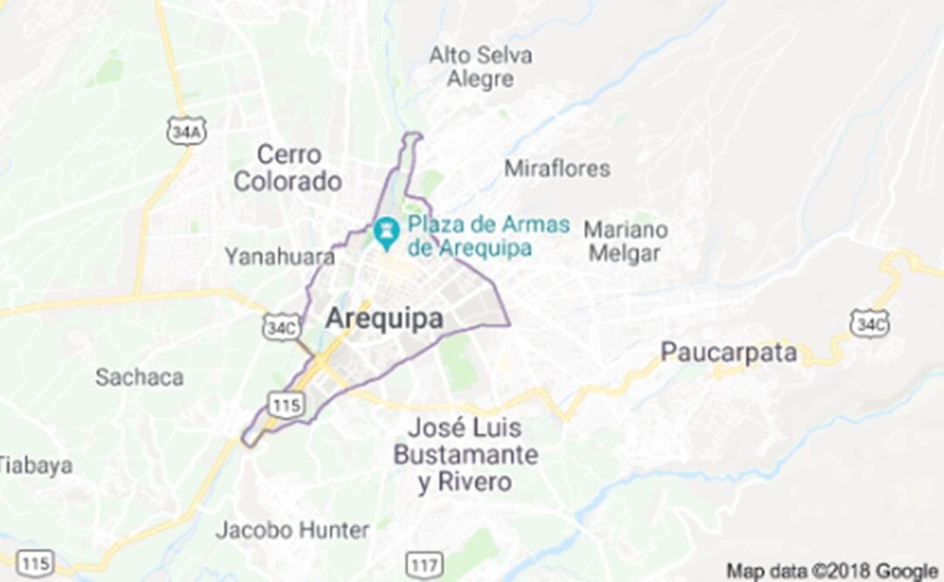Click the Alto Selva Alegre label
coord(479,67)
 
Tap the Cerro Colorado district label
coord(287,169)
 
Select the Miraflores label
coord(557,168)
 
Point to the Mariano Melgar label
coord(625,241)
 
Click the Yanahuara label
coord(279,257)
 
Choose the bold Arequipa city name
coord(383,319)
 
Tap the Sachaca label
coord(140,378)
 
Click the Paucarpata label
coord(728,353)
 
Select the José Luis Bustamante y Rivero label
coord(465,455)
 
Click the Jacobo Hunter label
coord(292,530)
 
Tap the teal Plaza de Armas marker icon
coord(385,232)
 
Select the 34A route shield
coord(186,131)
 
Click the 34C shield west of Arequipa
coord(281,327)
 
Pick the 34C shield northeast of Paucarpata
coord(869,323)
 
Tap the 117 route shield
coord(424,564)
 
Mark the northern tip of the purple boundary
coord(412,135)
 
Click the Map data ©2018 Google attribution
coord(832,571)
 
